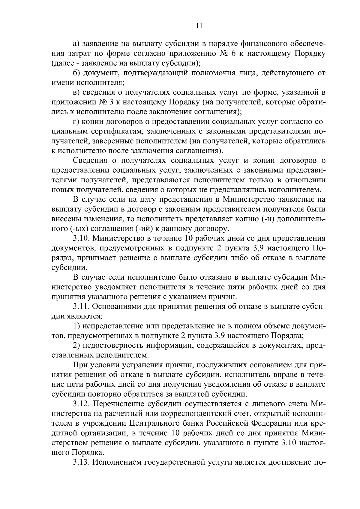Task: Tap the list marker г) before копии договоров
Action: pos(76,122)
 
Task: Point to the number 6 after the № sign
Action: pos(232,54)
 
